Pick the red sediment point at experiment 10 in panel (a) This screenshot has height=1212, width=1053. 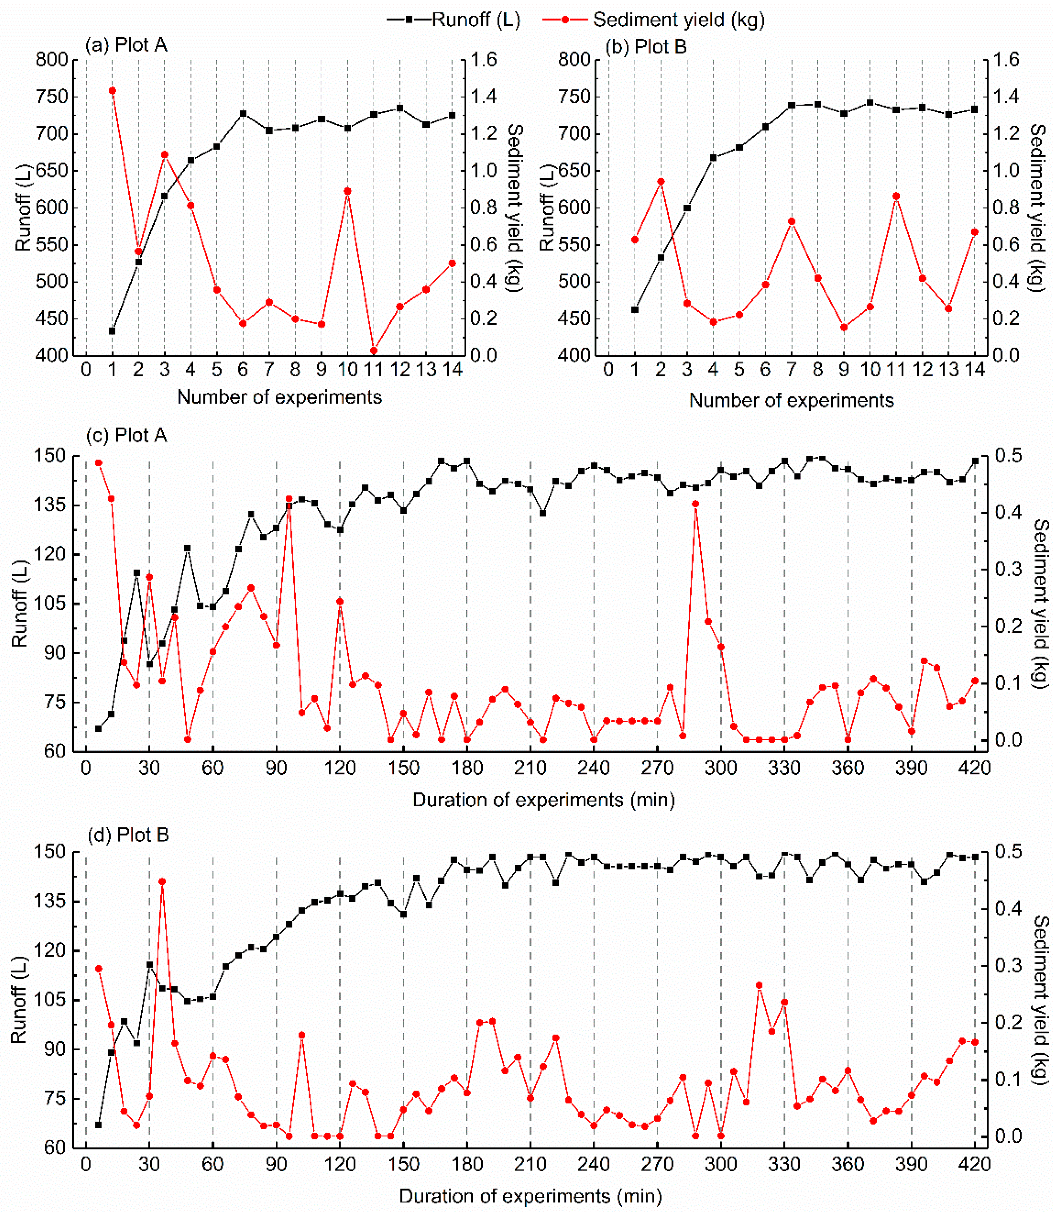click(347, 191)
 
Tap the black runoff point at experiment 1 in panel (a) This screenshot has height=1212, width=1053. click(112, 331)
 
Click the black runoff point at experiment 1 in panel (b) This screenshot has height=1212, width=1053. click(635, 310)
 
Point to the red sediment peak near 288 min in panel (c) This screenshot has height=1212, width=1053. click(695, 504)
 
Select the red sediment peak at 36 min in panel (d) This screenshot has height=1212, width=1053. click(162, 881)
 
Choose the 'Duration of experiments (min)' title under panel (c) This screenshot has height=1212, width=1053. click(544, 799)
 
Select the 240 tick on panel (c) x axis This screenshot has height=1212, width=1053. click(593, 768)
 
